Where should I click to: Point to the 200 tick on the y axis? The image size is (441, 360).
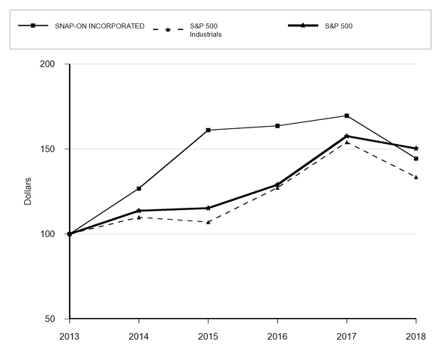(48, 64)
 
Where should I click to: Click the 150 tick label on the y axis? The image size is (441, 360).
(48, 149)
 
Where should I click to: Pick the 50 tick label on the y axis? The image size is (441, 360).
(50, 319)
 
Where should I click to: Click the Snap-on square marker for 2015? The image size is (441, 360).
(208, 130)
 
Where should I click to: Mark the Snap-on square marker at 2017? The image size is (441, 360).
(346, 115)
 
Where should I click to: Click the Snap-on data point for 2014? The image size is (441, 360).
(139, 188)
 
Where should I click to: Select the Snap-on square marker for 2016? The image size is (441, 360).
(277, 126)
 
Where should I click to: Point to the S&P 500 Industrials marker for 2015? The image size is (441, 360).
(208, 222)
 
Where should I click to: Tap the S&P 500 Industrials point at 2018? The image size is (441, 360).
(415, 177)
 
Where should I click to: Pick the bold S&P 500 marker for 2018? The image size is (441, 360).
(415, 148)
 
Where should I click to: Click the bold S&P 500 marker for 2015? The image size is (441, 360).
(208, 208)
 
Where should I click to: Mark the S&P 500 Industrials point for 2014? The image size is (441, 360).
(139, 217)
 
